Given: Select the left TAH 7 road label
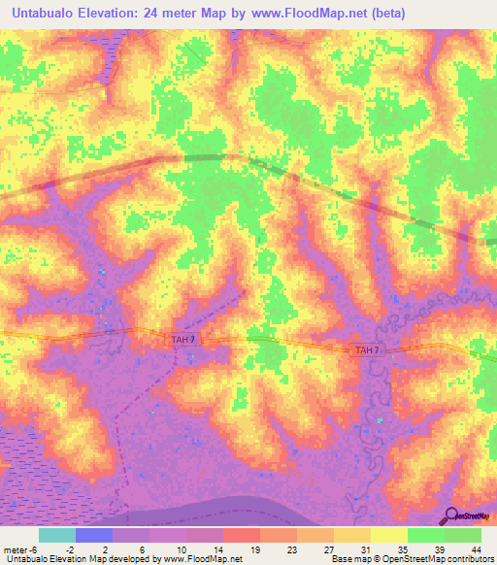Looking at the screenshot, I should (x=183, y=338).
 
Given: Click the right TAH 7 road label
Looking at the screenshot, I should (x=367, y=349).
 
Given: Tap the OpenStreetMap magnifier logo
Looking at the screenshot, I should (x=453, y=516).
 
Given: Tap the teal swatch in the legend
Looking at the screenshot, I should (x=57, y=535).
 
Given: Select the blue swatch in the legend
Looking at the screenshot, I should (x=94, y=535).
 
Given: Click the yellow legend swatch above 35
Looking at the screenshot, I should (x=389, y=535).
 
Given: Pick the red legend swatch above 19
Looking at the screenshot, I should (x=242, y=535).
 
